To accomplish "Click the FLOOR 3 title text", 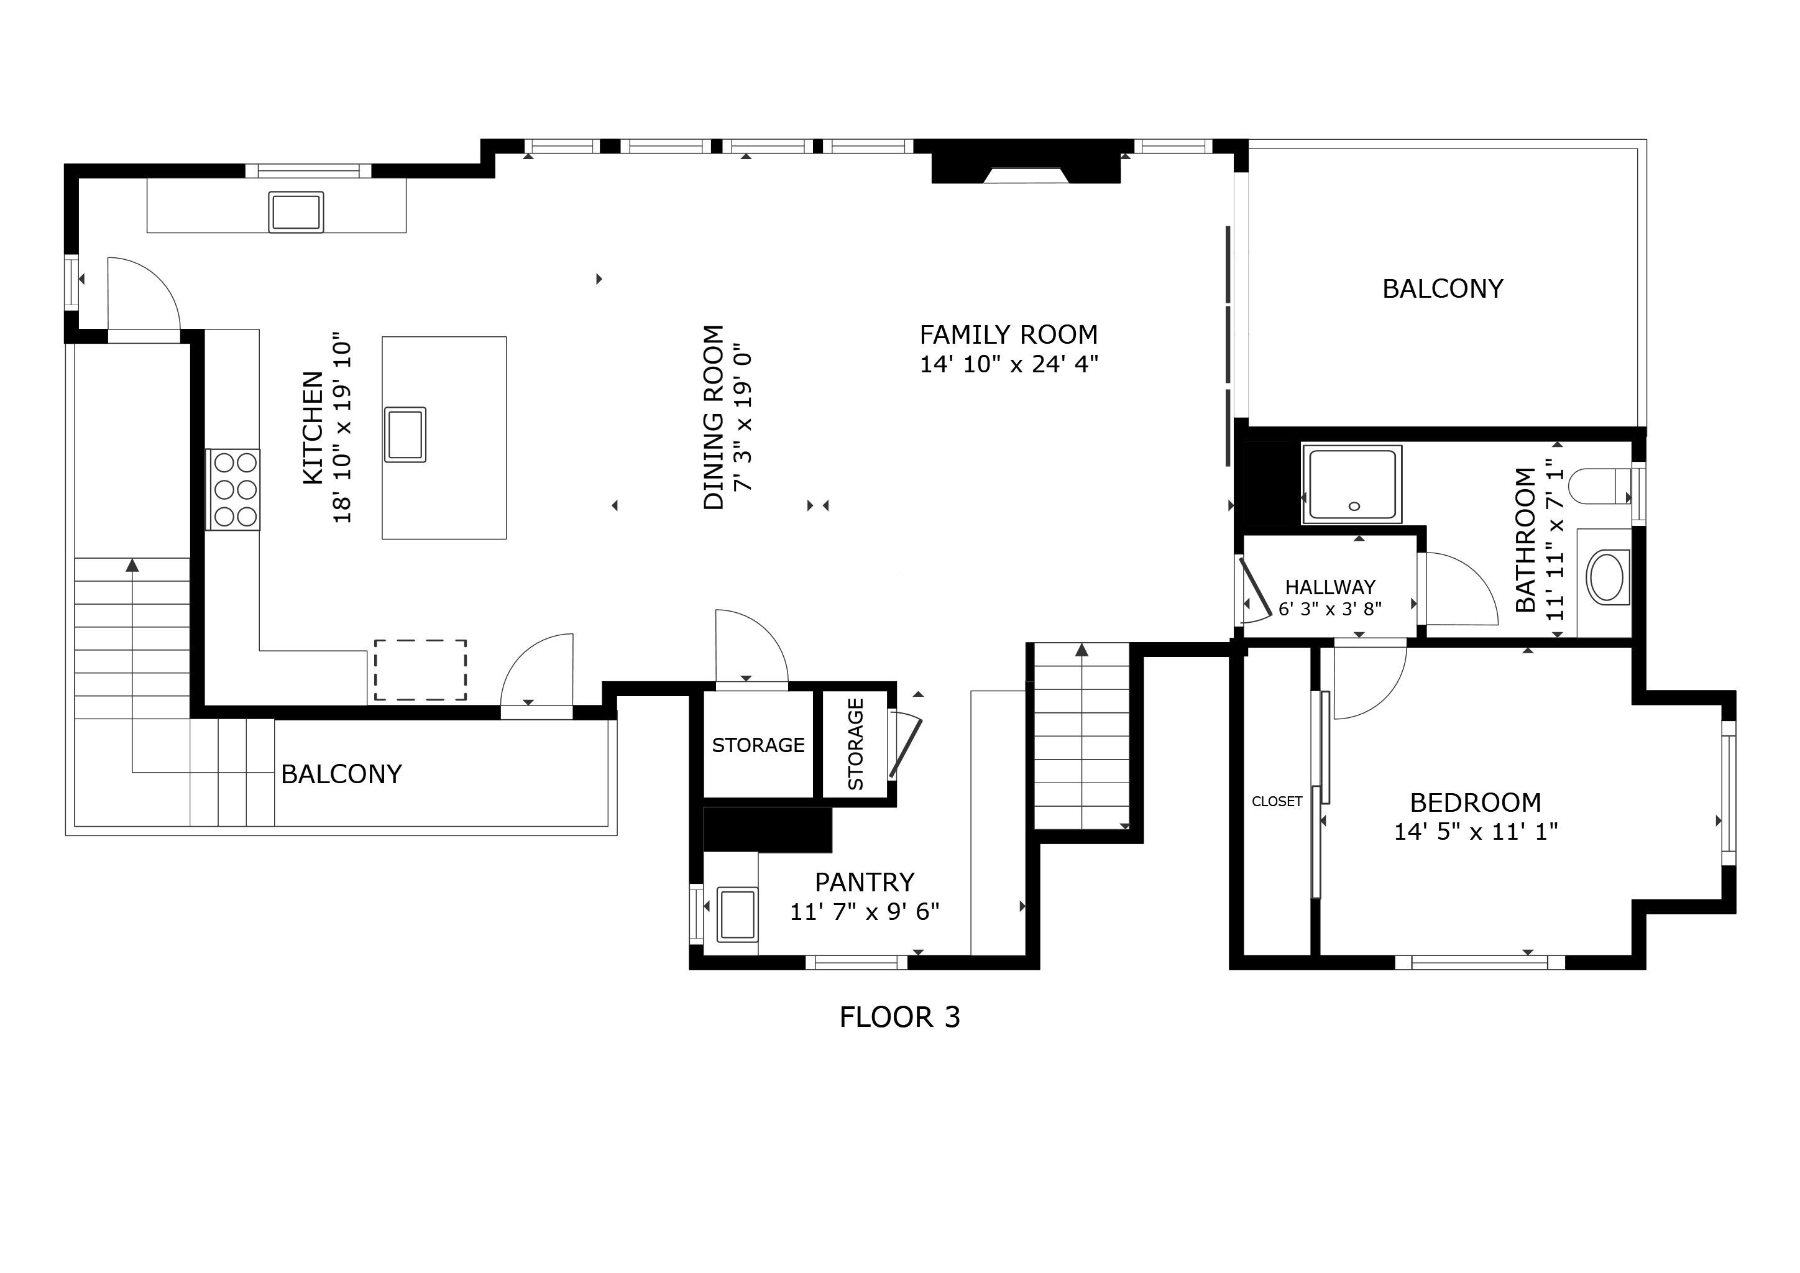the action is [899, 1018].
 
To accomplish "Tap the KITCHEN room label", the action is [313, 428].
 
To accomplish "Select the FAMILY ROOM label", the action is [1008, 334].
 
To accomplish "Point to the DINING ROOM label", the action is [714, 418].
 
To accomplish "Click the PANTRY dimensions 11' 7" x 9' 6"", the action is [864, 912].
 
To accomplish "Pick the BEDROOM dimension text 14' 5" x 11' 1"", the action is [1476, 831].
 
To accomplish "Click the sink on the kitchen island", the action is [405, 434].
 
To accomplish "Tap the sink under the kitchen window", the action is [296, 211].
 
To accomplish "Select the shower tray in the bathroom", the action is [1352, 484].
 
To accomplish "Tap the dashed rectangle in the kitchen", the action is [420, 669].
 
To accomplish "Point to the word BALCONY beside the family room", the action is [1443, 288].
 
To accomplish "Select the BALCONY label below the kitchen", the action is [341, 774].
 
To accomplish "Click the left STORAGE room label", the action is [758, 745].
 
